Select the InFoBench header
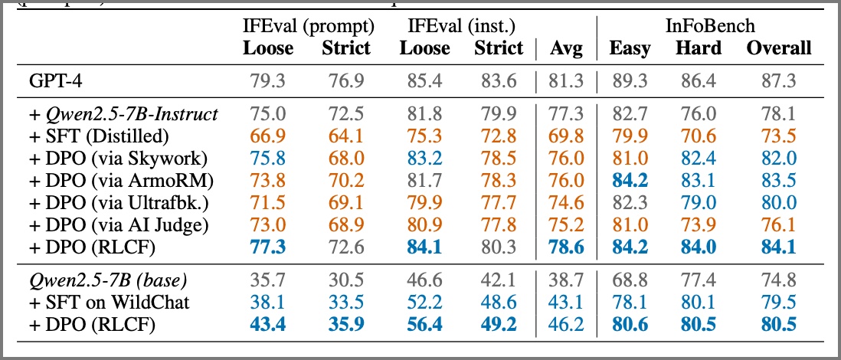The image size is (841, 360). [x=709, y=28]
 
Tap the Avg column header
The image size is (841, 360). [x=566, y=48]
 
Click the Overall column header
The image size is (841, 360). [x=778, y=48]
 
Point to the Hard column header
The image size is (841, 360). [x=699, y=48]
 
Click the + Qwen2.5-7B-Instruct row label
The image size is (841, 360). [x=123, y=115]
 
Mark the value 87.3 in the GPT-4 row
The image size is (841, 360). [x=778, y=80]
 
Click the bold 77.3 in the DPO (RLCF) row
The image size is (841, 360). [x=268, y=247]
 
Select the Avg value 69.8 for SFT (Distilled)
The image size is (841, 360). [x=566, y=136]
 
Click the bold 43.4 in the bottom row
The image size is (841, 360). [x=268, y=325]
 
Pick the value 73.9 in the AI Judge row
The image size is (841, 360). [x=699, y=225]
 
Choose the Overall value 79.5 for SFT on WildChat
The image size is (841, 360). [x=778, y=303]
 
